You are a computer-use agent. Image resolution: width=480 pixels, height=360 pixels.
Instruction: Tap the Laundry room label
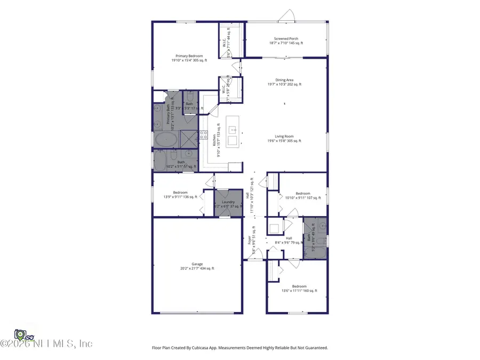228,202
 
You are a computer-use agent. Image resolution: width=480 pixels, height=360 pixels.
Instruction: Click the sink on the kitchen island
233,130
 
